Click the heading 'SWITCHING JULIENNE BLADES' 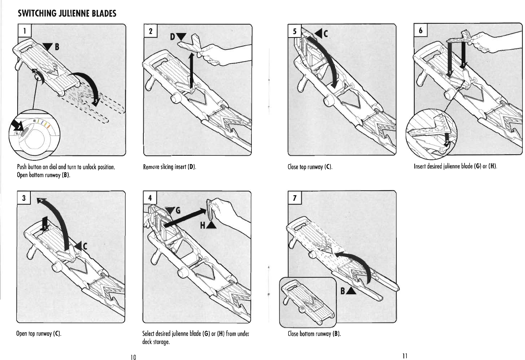point(67,14)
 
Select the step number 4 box point(150,198)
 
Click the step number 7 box point(295,198)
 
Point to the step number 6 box point(421,30)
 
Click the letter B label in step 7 point(343,291)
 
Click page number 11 point(404,355)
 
